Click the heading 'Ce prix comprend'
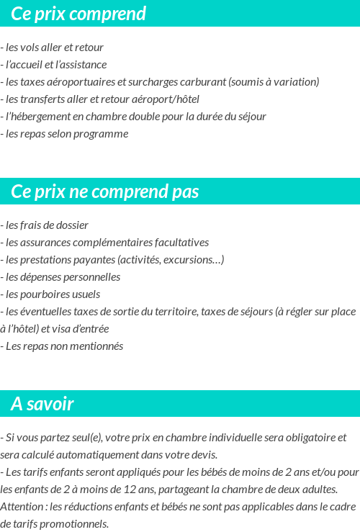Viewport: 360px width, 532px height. pos(78,14)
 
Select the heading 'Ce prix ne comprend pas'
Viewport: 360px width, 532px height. pos(105,192)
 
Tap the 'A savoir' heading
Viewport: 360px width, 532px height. pos(42,405)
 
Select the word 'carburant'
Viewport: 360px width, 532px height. pos(200,82)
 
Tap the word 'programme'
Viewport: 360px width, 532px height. pos(104,134)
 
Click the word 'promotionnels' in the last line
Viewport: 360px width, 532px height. pos(75,524)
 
